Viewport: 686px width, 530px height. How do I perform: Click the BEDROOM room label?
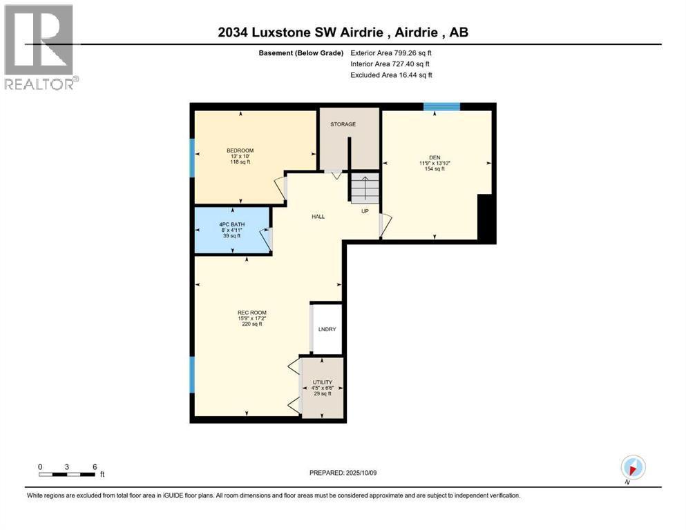tap(240, 150)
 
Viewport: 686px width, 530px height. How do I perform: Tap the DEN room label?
tap(435, 157)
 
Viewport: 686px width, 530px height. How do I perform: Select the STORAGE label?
tap(343, 124)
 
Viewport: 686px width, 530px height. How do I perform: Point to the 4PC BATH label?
tap(232, 224)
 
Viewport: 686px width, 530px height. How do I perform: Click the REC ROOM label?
tap(252, 313)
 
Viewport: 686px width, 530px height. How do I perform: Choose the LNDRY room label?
tap(327, 329)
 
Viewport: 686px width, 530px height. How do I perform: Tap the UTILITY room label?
tap(323, 382)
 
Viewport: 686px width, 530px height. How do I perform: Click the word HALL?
tap(318, 216)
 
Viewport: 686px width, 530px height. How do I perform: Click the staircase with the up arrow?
tap(365, 188)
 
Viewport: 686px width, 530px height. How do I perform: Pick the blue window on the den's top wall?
tap(442, 106)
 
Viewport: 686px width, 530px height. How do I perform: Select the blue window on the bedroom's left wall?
tap(192, 158)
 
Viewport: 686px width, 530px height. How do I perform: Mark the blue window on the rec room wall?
tap(192, 375)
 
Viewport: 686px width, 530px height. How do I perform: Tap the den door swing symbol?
tap(385, 225)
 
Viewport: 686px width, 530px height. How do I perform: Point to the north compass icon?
tap(633, 467)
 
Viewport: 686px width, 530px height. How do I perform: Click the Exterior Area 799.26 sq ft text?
tap(391, 53)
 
